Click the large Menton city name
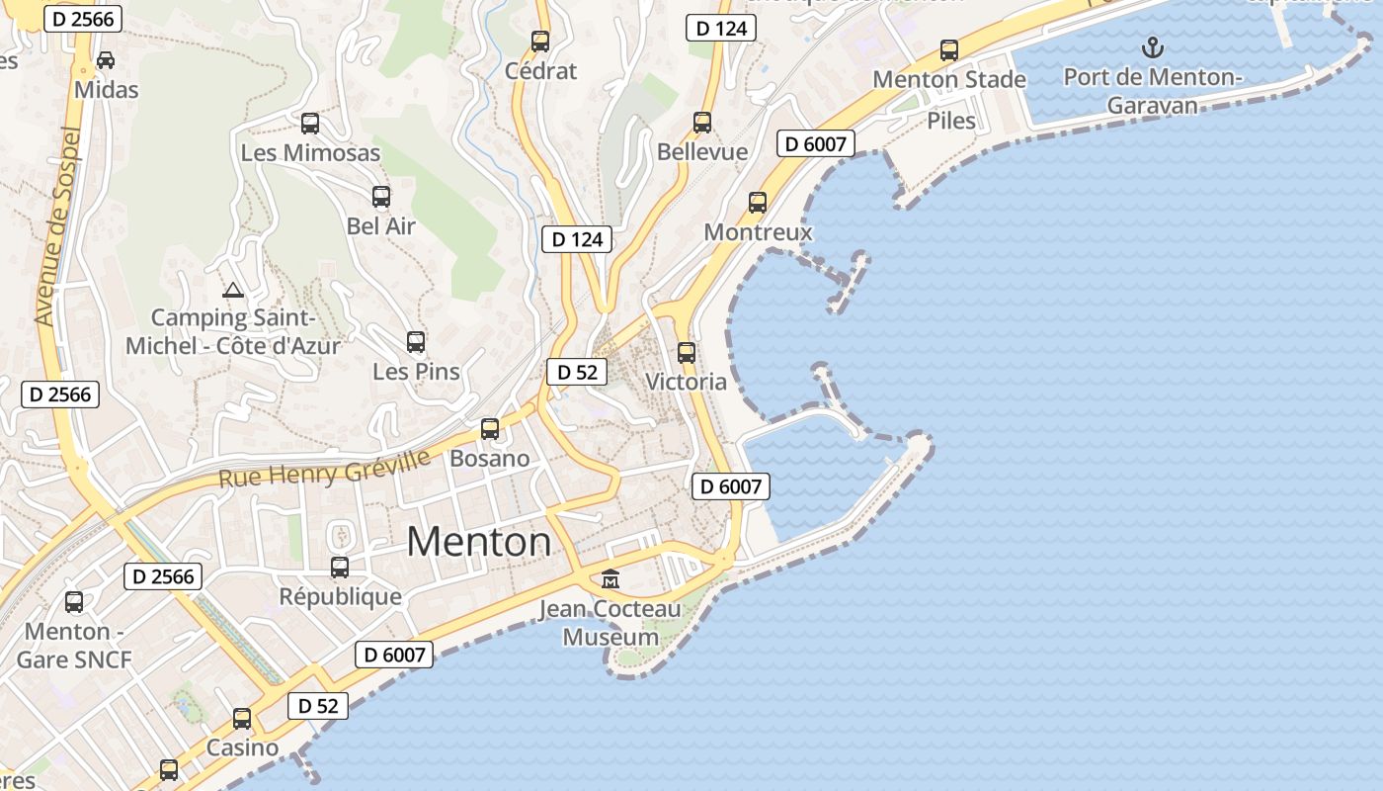coord(478,542)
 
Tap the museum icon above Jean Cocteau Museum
coord(610,578)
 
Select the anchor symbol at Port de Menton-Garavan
coord(1151,46)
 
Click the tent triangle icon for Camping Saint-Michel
coord(233,290)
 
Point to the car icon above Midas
coord(106,60)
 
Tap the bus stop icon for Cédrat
coord(540,42)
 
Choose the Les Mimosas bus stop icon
coord(310,124)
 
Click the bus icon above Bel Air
coord(381,197)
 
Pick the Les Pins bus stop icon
coord(416,342)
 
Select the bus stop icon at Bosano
coord(490,429)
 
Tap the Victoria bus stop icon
coord(687,352)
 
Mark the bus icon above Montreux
coord(758,203)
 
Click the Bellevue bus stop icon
coord(702,123)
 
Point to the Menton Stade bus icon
coord(949,49)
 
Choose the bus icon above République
coord(340,568)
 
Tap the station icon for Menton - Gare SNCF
coord(74,601)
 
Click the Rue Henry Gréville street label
coord(324,469)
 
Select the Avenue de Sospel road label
coord(56,225)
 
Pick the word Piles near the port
coord(951,121)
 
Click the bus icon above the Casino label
coord(242,719)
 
